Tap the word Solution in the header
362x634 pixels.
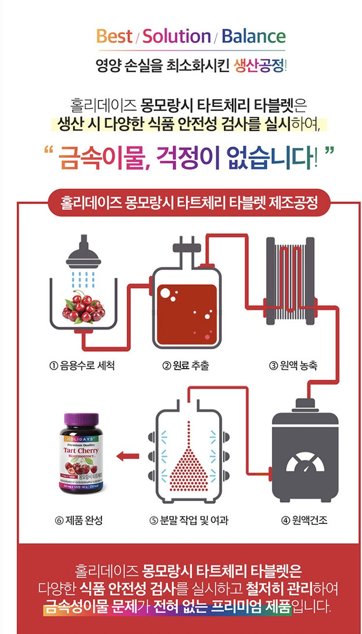click(x=177, y=37)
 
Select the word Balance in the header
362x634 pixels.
click(x=253, y=37)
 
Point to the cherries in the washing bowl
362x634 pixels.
click(x=84, y=306)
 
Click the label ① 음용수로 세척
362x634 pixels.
click(x=82, y=366)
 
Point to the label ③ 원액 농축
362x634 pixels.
click(x=293, y=366)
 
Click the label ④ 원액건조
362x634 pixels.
click(x=304, y=520)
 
